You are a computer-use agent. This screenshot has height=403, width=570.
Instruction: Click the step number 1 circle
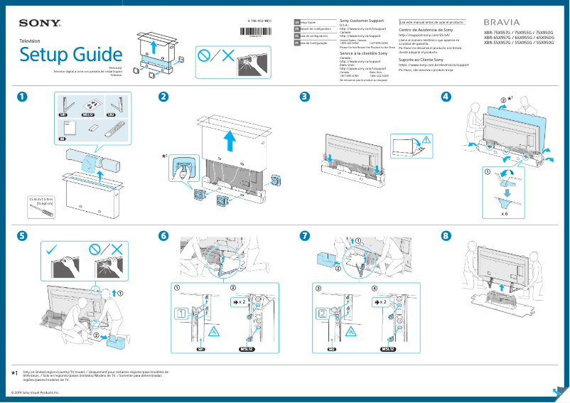(x=23, y=97)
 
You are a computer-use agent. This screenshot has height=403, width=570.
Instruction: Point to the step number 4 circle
(x=446, y=97)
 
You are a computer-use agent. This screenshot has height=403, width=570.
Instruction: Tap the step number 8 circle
(x=446, y=235)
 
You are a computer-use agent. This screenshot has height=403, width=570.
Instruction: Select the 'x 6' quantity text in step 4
(x=504, y=213)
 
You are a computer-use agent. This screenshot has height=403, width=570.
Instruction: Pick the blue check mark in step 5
(x=53, y=249)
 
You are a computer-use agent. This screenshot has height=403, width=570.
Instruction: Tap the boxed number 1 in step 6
(x=181, y=313)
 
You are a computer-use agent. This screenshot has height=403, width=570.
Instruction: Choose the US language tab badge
(x=296, y=23)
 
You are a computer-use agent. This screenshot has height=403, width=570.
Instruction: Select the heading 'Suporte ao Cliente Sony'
(x=421, y=60)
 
